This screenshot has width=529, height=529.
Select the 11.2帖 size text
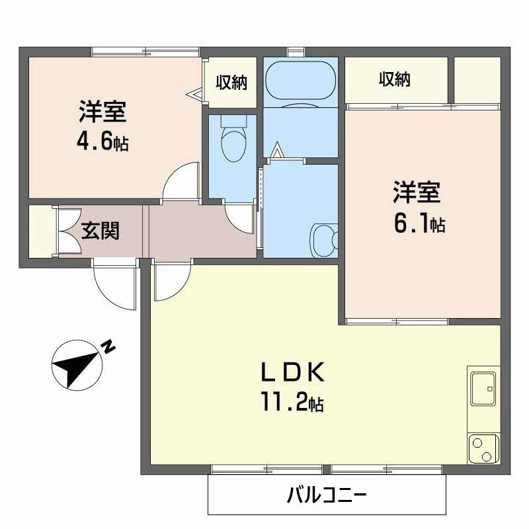(x=291, y=402)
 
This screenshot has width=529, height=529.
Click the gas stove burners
(x=483, y=450)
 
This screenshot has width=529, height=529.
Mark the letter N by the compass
(x=108, y=346)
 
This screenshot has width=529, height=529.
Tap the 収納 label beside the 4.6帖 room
(x=231, y=83)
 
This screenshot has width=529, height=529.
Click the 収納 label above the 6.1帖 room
(x=395, y=79)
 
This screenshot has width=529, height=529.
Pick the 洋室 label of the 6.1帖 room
(x=416, y=193)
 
